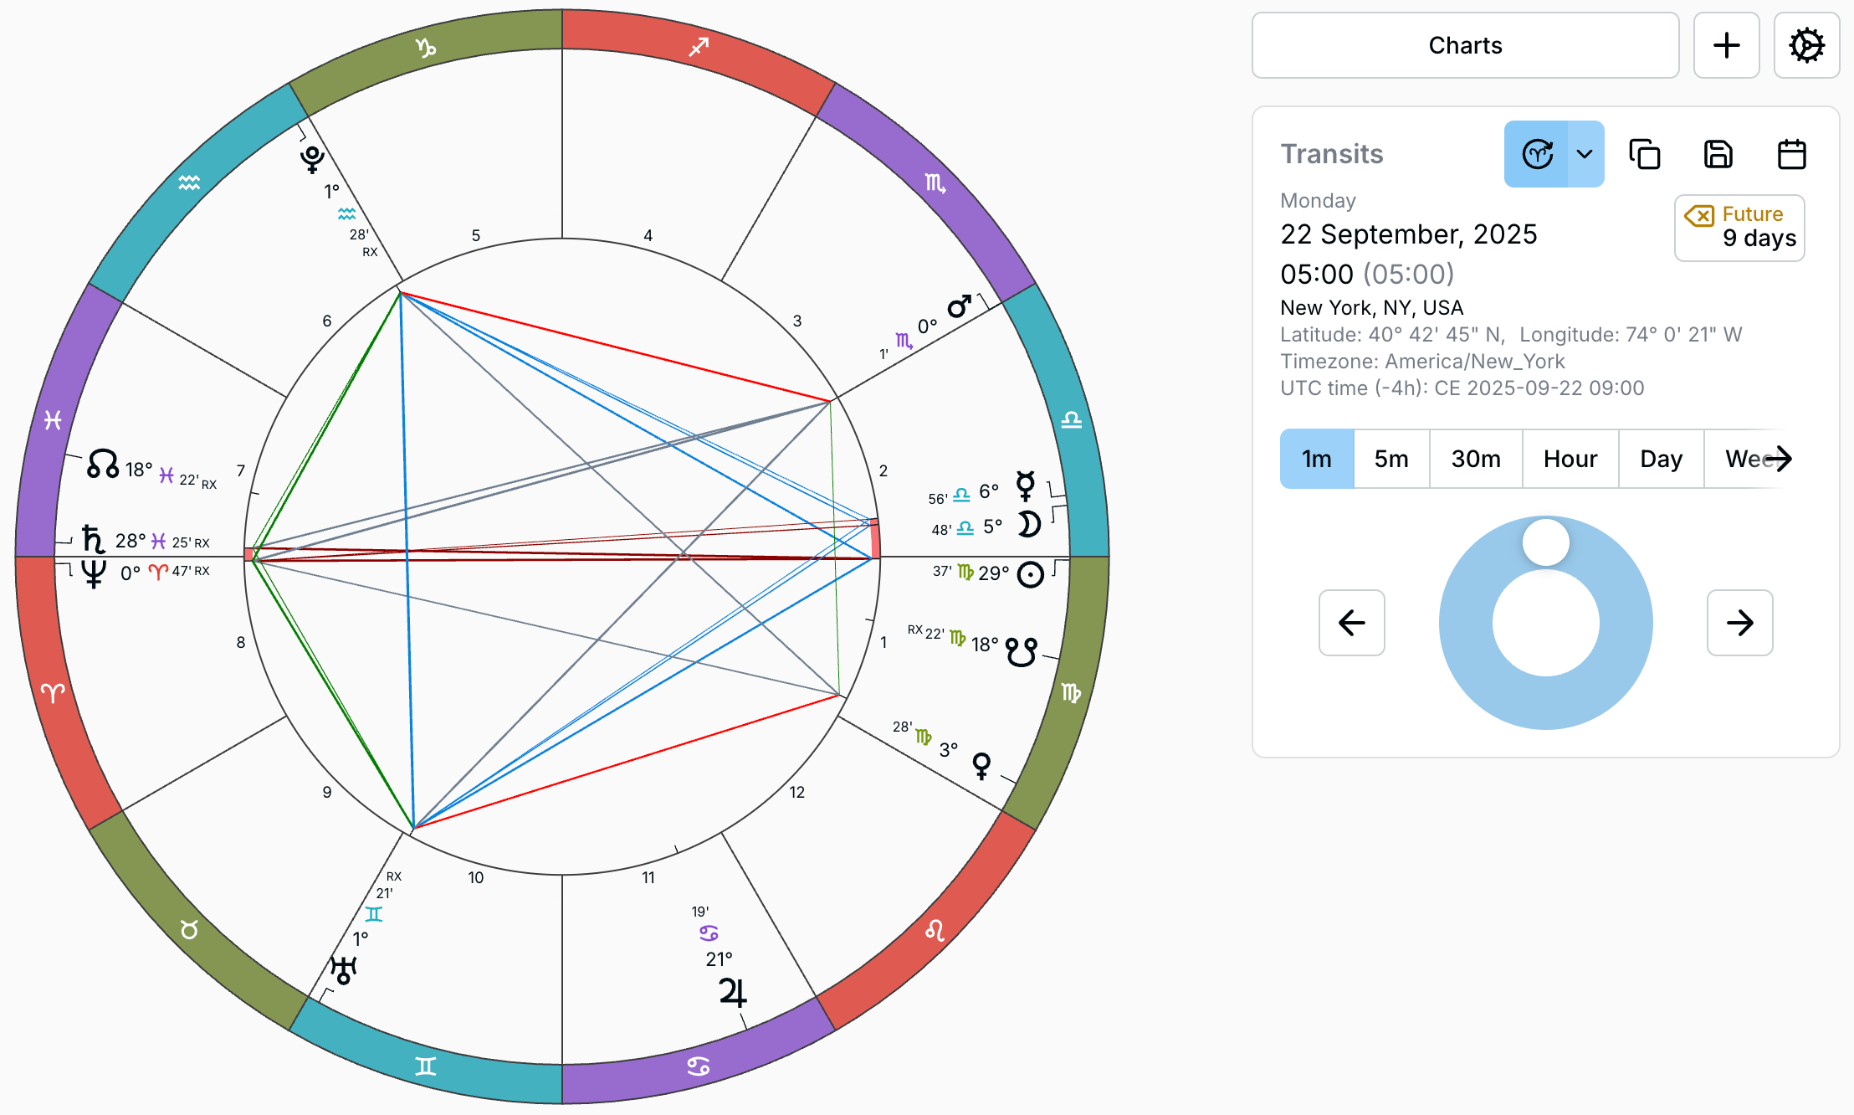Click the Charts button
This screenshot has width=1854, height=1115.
pyautogui.click(x=1464, y=45)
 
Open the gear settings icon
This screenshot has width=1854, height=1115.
pyautogui.click(x=1806, y=45)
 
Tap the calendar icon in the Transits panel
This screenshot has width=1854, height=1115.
pyautogui.click(x=1791, y=155)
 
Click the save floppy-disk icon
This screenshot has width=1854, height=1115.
pyautogui.click(x=1718, y=155)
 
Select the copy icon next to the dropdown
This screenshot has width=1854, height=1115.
pyautogui.click(x=1644, y=155)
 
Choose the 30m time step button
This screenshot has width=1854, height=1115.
pyautogui.click(x=1475, y=459)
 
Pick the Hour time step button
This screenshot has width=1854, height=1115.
pyautogui.click(x=1570, y=459)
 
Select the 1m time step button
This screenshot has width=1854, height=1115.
pyautogui.click(x=1316, y=459)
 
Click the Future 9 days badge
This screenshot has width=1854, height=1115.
pyautogui.click(x=1739, y=228)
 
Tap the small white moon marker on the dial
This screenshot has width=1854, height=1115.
pyautogui.click(x=1545, y=542)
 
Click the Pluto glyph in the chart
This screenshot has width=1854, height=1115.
pyautogui.click(x=313, y=157)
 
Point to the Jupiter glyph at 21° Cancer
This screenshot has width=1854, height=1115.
pyautogui.click(x=732, y=993)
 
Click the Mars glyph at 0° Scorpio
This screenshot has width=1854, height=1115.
pyautogui.click(x=959, y=307)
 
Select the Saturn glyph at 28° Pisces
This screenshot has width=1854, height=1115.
pyautogui.click(x=93, y=539)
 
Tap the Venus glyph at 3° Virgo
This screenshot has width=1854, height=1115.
pyautogui.click(x=981, y=765)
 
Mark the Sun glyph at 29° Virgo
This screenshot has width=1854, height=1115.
pyautogui.click(x=1030, y=574)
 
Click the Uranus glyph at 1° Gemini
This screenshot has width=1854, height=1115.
pyautogui.click(x=343, y=970)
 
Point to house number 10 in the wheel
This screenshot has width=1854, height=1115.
pyautogui.click(x=475, y=877)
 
